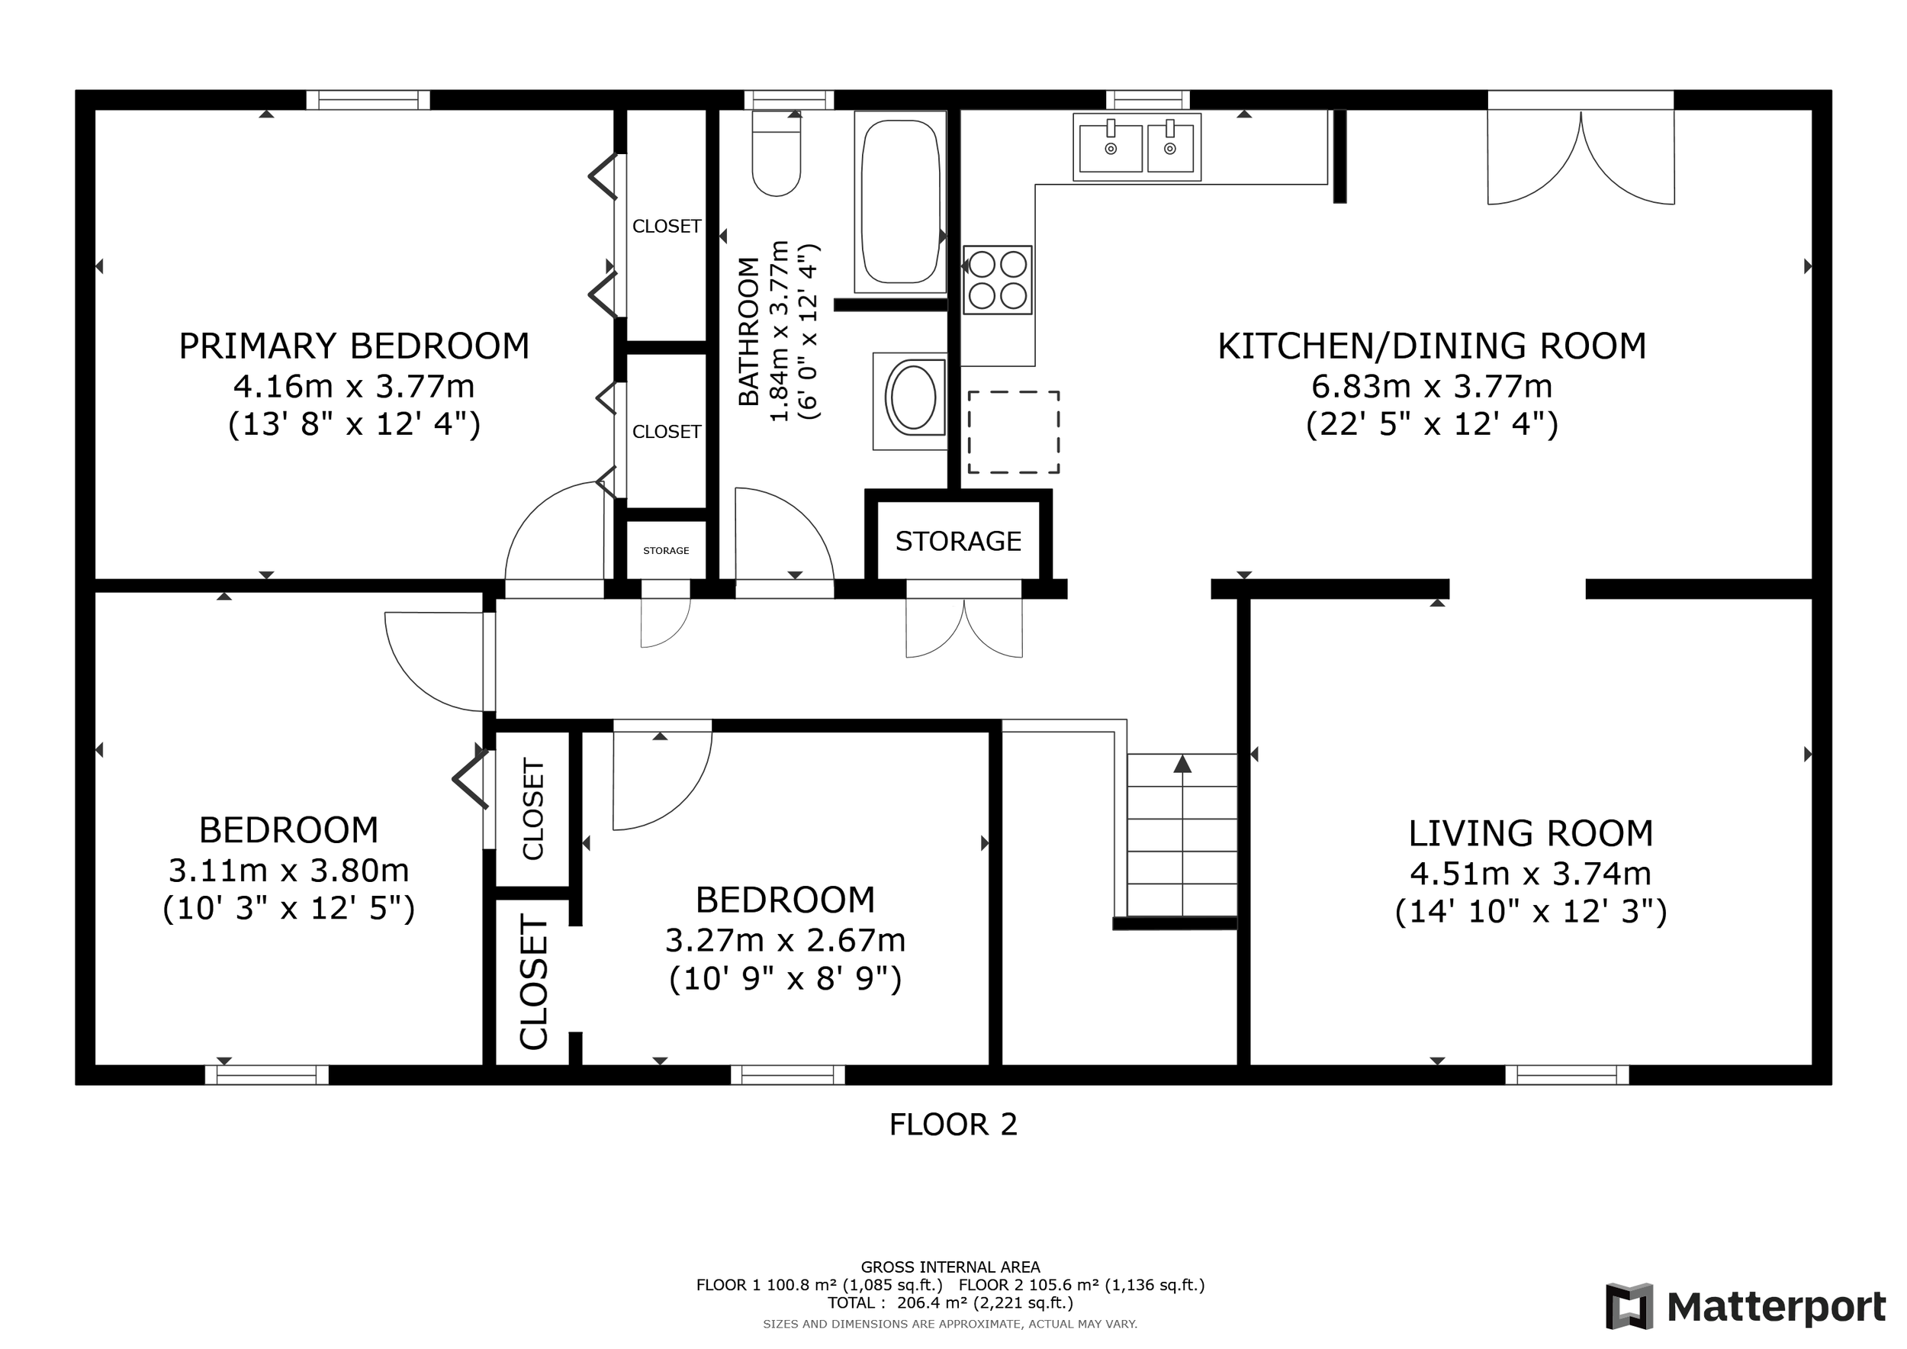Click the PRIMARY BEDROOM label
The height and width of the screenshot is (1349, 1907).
point(354,346)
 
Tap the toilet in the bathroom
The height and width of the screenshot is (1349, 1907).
point(776,153)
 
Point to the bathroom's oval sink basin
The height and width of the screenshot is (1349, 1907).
point(913,398)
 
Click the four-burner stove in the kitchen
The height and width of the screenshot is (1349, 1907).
point(998,279)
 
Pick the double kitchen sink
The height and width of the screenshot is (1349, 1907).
point(1137,147)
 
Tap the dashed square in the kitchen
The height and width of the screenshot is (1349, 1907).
point(1013,432)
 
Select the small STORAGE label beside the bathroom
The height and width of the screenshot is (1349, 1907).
point(666,551)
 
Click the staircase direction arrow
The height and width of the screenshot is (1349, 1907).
point(1182,834)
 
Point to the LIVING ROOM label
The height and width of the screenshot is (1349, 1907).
point(1531,833)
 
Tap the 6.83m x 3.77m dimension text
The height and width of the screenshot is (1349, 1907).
point(1431,386)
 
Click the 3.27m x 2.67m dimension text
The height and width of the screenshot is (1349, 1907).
point(785,940)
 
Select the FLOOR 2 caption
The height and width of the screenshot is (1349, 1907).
point(953,1125)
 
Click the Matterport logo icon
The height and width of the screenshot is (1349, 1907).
point(1629,1306)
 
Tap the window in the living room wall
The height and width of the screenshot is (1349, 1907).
point(1567,1075)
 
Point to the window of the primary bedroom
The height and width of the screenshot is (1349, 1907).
point(368,100)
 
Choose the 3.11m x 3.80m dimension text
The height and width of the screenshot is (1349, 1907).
point(289,871)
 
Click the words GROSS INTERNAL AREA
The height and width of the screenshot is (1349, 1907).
point(950,1267)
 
